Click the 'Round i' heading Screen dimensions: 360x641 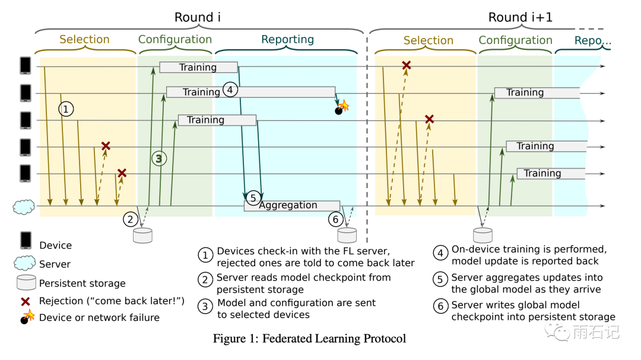[198, 17]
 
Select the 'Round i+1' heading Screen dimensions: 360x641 [520, 17]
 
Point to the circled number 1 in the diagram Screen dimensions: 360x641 [66, 109]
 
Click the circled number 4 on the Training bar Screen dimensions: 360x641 [230, 90]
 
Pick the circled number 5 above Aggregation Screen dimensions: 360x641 [253, 197]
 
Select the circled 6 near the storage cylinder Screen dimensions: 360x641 [335, 219]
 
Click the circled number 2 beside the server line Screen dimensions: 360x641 [131, 219]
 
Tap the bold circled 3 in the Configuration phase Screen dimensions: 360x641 [158, 158]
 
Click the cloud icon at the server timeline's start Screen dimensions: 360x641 [23, 207]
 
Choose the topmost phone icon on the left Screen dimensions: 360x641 [26, 65]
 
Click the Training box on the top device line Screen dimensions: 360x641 [198, 68]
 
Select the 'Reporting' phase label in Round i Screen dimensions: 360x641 [287, 40]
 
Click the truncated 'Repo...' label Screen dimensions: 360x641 [592, 41]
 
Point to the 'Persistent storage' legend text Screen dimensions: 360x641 [82, 283]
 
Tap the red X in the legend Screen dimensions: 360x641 [26, 300]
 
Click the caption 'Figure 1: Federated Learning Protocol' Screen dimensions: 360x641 [309, 339]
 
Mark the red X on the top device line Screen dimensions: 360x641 [407, 65]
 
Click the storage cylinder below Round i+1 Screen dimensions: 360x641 [482, 235]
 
